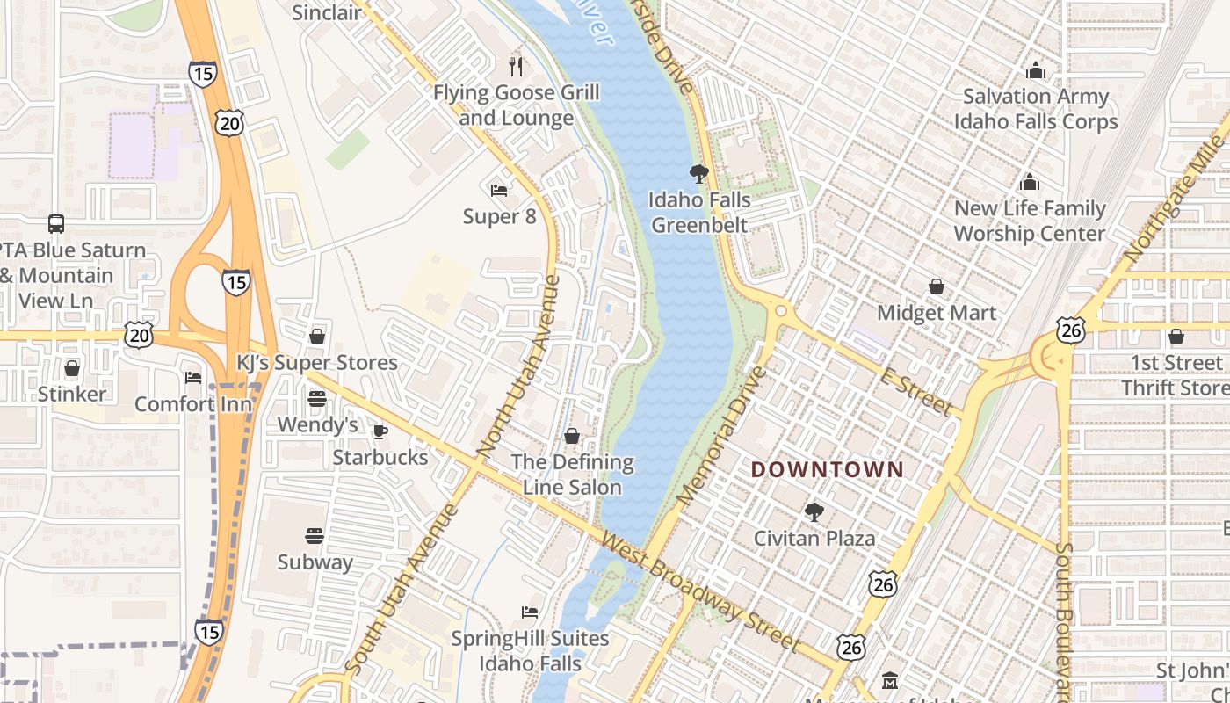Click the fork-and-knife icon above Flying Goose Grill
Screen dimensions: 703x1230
(x=517, y=65)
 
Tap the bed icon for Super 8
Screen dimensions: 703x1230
(x=499, y=190)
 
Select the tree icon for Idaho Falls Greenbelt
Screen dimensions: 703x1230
(x=699, y=174)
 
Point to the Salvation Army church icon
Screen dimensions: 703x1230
(x=1036, y=70)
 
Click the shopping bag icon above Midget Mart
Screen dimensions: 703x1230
(x=937, y=286)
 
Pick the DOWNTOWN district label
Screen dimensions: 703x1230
(x=827, y=470)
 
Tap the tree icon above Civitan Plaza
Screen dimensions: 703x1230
(x=814, y=511)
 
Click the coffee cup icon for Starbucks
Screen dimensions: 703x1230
(x=380, y=431)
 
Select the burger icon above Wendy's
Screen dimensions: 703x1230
(x=317, y=399)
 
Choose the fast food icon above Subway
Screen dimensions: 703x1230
(x=315, y=536)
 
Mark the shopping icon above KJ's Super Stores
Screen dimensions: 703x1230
(x=317, y=337)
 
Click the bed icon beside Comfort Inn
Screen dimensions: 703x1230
(x=193, y=378)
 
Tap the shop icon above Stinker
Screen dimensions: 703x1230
(x=72, y=368)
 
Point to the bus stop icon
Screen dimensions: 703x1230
(x=56, y=224)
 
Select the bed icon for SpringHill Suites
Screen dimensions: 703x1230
(x=530, y=612)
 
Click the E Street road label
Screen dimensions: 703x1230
(x=915, y=392)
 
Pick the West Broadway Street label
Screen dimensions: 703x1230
(x=701, y=594)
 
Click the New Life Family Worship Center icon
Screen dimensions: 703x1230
(x=1030, y=183)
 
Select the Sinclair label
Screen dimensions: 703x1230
(x=326, y=12)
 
